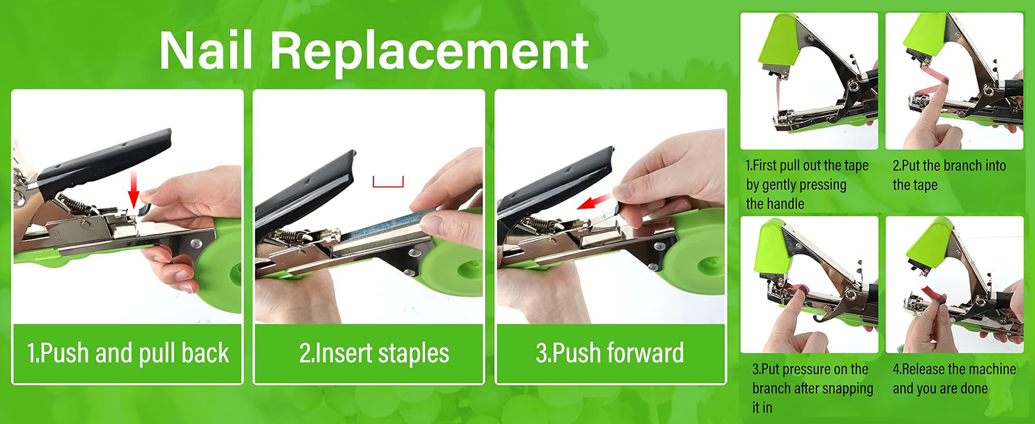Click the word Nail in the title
[206, 50]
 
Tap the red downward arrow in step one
[134, 190]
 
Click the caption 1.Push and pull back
[128, 353]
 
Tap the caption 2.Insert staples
[374, 353]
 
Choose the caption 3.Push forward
[610, 353]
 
